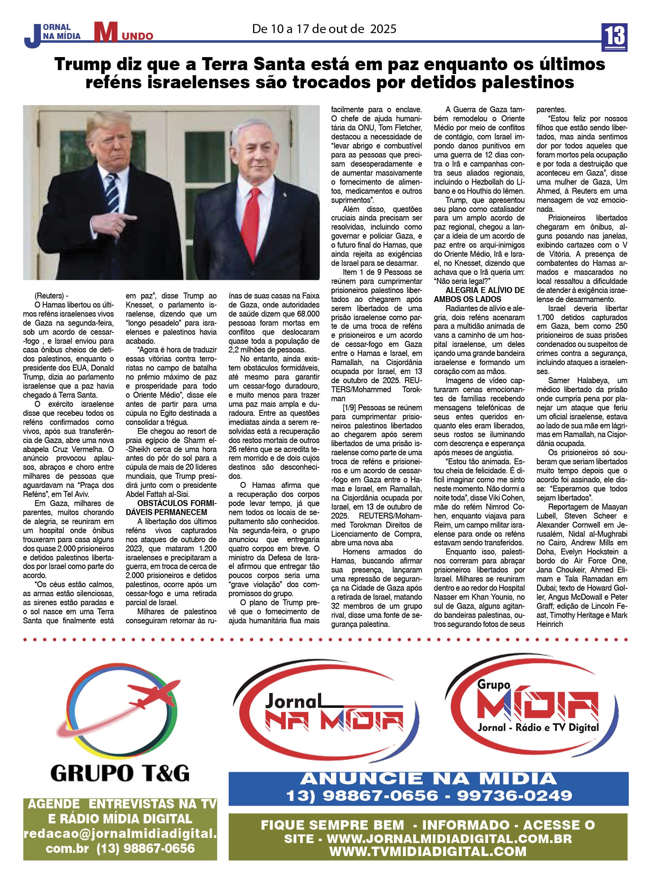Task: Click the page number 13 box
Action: click(x=614, y=37)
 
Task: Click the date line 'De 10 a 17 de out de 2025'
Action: click(x=324, y=29)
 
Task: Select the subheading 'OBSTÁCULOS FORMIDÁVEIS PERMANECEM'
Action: click(x=171, y=508)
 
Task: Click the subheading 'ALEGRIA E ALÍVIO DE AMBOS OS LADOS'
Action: click(x=479, y=295)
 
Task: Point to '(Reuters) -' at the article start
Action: click(x=51, y=296)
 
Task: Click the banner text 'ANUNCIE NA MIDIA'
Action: click(x=429, y=779)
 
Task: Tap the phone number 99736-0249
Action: click(x=515, y=795)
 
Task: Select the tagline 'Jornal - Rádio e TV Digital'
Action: click(x=538, y=727)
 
